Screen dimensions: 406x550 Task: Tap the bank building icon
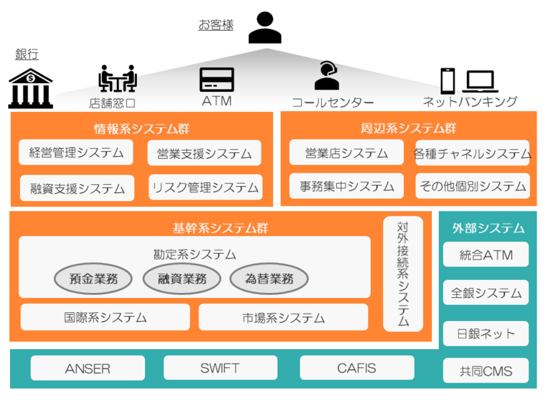tap(30, 87)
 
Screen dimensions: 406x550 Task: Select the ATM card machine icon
tap(217, 80)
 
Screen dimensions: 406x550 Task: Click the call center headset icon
tap(327, 76)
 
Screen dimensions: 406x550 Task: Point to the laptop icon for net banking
tap(480, 82)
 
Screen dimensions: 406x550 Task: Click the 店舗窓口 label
tap(113, 103)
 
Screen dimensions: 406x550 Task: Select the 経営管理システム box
tap(76, 153)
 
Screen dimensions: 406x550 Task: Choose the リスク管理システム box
tap(205, 188)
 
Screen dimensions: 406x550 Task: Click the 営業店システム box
tap(346, 153)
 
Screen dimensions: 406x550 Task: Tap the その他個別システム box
tap(472, 186)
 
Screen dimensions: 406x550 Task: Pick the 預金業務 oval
tap(93, 279)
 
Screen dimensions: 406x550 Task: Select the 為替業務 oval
tap(270, 279)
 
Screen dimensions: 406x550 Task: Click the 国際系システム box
tap(105, 318)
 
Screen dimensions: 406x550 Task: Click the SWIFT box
tap(220, 368)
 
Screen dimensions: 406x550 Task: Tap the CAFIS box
tap(356, 368)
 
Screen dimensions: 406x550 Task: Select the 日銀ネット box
tap(486, 334)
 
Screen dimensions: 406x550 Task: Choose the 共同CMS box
tap(486, 370)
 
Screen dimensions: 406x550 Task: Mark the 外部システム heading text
tap(488, 228)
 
